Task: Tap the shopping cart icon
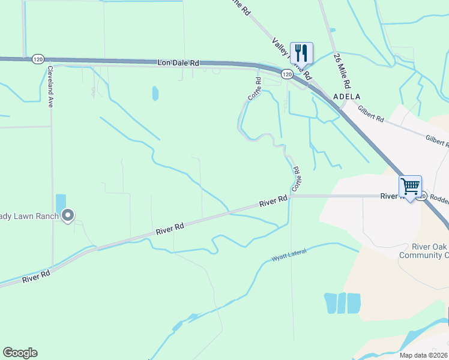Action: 410,187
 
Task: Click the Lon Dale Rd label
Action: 178,62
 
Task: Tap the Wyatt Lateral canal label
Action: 289,255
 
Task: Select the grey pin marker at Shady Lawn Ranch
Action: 68,215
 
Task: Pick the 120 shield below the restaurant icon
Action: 287,74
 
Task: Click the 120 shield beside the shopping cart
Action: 423,196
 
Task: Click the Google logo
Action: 20,353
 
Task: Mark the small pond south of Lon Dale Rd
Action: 155,93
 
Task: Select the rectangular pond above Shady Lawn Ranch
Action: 61,203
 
